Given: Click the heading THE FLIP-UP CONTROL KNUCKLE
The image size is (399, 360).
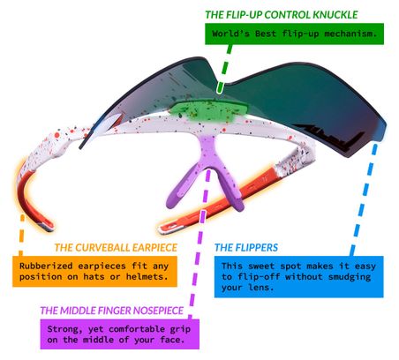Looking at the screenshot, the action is (x=282, y=15).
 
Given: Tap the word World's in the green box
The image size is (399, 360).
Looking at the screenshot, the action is (x=230, y=34).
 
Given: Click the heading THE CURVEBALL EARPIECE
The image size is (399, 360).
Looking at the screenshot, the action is (x=116, y=248).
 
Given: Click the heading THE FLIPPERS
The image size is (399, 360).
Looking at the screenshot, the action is (x=246, y=248).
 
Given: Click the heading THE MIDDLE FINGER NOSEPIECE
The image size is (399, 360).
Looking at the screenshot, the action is (x=112, y=311).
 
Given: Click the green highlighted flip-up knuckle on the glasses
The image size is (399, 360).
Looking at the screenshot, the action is (x=208, y=110).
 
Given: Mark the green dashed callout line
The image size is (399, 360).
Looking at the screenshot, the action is (x=224, y=69).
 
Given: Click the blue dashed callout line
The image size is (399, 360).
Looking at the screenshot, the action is (x=363, y=199).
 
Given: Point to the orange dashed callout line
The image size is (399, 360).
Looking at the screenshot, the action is (x=21, y=236).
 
